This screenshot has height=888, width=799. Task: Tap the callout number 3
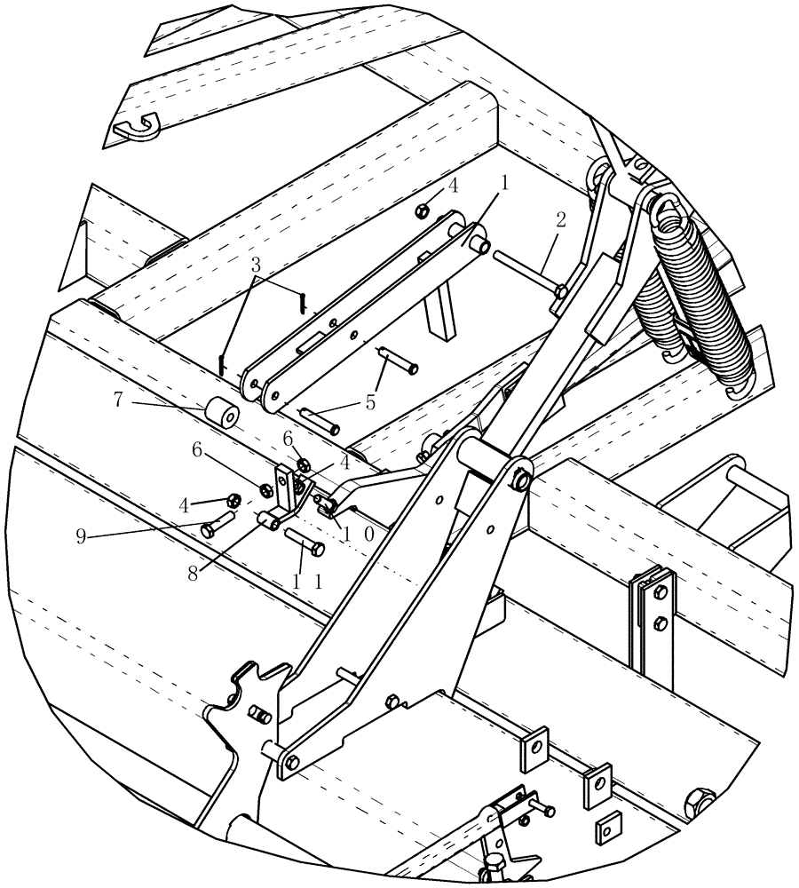coord(256,265)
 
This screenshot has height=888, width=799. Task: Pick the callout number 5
coord(369,401)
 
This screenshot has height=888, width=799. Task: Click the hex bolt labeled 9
coord(218,524)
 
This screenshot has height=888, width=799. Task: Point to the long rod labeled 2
coord(526,273)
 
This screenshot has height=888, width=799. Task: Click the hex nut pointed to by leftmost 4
coord(235,499)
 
